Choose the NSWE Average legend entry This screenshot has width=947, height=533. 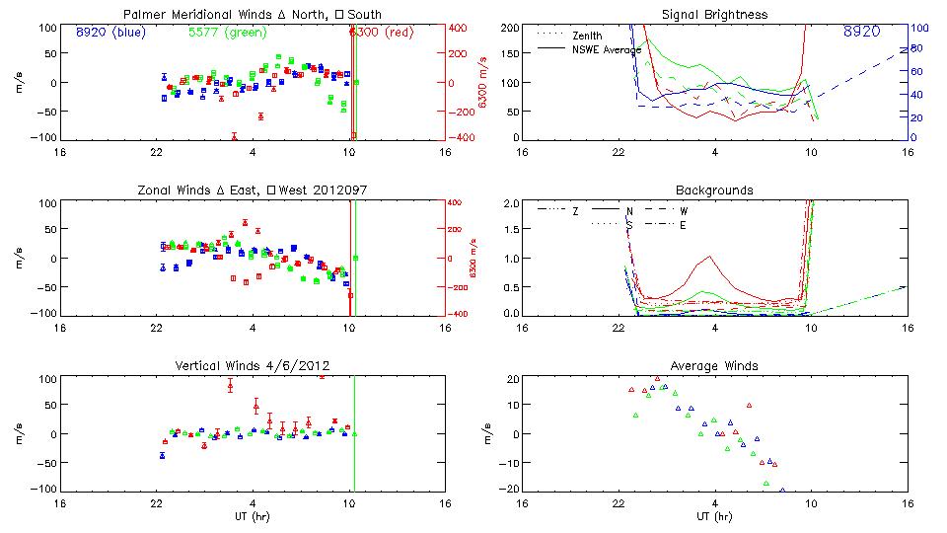pyautogui.click(x=606, y=49)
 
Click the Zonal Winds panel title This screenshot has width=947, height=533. pyautogui.click(x=253, y=190)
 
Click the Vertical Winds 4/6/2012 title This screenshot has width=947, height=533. pyautogui.click(x=253, y=365)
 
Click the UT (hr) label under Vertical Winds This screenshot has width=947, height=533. pyautogui.click(x=253, y=516)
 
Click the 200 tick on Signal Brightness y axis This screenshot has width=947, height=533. pyautogui.click(x=509, y=28)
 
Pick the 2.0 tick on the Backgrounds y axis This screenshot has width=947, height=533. pyautogui.click(x=509, y=203)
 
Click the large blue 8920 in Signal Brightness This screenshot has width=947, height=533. pyautogui.click(x=862, y=33)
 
